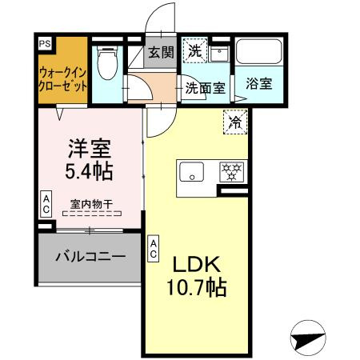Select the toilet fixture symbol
pyautogui.click(x=105, y=62)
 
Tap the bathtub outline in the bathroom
pyautogui.click(x=259, y=56)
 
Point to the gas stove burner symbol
pyautogui.click(x=232, y=170)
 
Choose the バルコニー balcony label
pyautogui.click(x=90, y=258)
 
